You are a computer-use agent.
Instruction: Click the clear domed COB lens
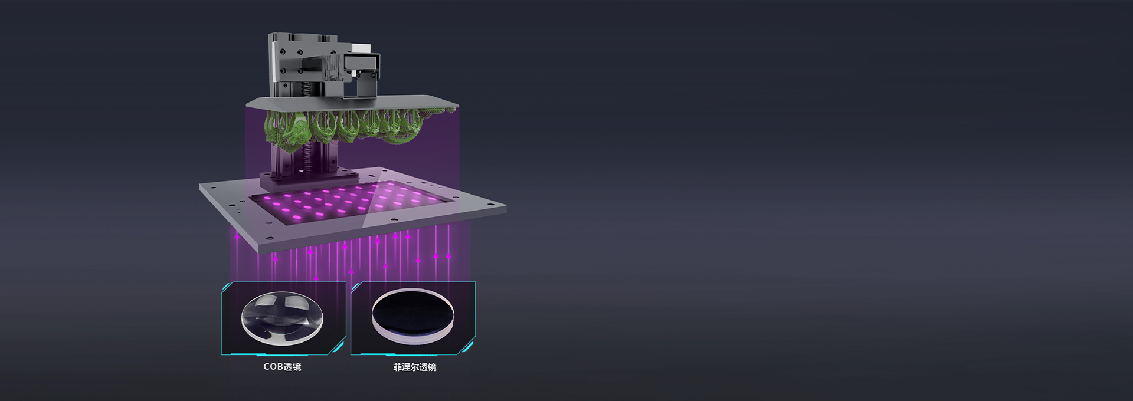(x=282, y=318)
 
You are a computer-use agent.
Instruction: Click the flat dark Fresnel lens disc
(x=413, y=317)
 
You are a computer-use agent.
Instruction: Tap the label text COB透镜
(x=282, y=367)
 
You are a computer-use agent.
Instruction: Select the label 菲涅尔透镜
(x=415, y=367)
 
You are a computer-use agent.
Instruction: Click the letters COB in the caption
(x=273, y=367)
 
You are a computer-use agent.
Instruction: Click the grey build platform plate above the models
(x=352, y=103)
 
